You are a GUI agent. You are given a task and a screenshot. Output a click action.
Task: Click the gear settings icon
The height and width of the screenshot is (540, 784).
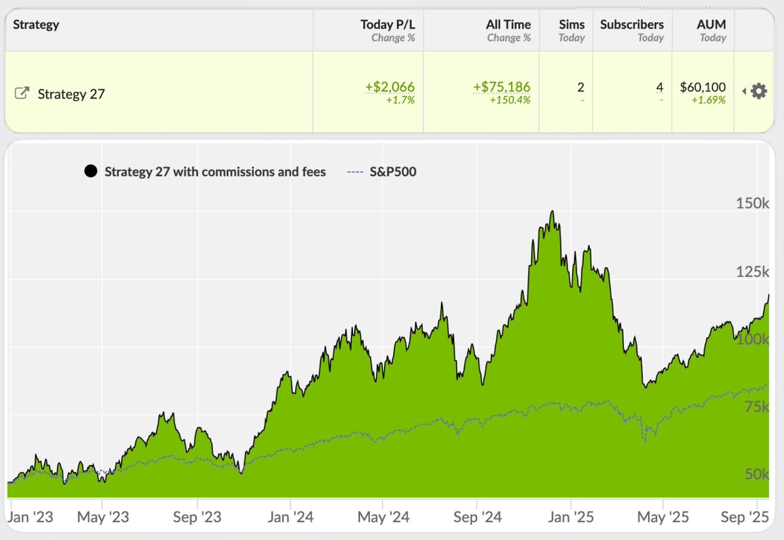(x=759, y=91)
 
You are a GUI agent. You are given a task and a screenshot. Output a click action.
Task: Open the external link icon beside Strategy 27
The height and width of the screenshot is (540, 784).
(x=22, y=93)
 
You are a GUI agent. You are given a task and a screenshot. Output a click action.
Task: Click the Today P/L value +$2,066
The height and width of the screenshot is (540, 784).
(x=390, y=87)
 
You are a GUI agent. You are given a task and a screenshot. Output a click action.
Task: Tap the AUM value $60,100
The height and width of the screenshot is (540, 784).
(x=702, y=87)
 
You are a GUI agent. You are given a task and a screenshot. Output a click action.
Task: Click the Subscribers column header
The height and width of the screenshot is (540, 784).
(x=631, y=25)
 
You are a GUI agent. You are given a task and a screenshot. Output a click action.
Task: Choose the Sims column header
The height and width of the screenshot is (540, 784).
(x=572, y=25)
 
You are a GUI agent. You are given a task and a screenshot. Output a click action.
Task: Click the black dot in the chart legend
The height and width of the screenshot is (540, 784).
(x=91, y=172)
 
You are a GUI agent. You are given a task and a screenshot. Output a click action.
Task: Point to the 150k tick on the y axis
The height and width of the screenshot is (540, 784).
(x=753, y=204)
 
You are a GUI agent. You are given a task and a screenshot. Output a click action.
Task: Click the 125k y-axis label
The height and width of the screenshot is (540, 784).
(x=753, y=272)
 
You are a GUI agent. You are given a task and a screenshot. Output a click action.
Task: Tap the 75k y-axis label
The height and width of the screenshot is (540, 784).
(x=757, y=407)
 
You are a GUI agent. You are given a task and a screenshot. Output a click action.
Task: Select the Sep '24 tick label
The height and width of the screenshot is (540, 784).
(x=478, y=517)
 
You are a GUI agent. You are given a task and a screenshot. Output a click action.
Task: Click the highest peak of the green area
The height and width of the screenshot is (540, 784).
(x=553, y=212)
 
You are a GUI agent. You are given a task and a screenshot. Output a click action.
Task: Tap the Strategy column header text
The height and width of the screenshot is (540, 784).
(x=36, y=25)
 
